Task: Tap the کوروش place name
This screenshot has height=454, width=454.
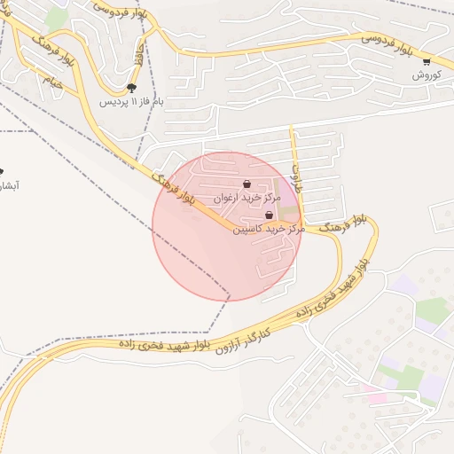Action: [x=427, y=76]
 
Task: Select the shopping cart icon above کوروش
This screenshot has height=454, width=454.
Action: [x=427, y=62]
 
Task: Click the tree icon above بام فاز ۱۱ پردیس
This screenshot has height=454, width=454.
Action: [x=132, y=88]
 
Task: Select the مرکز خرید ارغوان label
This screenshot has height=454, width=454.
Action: [x=246, y=198]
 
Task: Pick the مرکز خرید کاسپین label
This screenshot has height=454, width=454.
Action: [x=268, y=229]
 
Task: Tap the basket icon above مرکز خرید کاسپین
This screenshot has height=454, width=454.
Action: [x=269, y=215]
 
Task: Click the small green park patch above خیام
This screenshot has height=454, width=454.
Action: [x=57, y=18]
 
